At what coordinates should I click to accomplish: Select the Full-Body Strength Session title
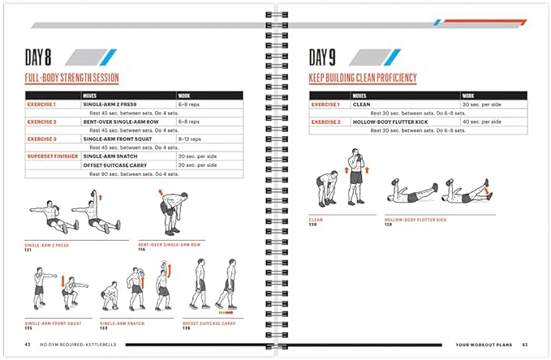pyautogui.click(x=72, y=79)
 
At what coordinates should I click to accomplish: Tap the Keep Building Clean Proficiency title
pyautogui.click(x=363, y=79)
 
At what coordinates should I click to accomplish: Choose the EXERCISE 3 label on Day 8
pyautogui.click(x=43, y=139)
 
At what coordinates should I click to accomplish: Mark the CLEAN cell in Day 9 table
pyautogui.click(x=362, y=105)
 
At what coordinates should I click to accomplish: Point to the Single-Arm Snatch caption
pyautogui.click(x=122, y=323)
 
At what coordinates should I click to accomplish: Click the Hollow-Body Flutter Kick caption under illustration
pyautogui.click(x=415, y=219)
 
